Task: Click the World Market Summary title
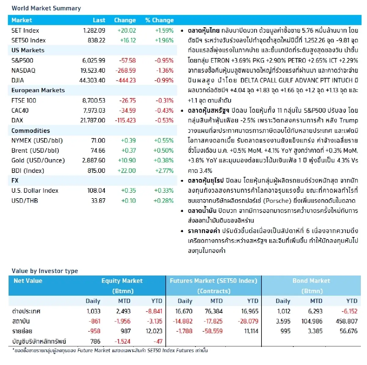click(46, 8)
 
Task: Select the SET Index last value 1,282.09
click(94, 31)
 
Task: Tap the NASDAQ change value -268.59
click(125, 71)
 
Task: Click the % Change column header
click(159, 20)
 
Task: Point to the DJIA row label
click(18, 80)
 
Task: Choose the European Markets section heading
click(38, 90)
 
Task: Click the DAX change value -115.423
click(125, 120)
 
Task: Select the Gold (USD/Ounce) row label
click(38, 161)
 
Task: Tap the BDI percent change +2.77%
click(164, 171)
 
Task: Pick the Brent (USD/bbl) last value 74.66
click(98, 151)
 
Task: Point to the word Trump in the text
click(349, 120)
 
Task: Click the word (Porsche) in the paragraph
click(277, 201)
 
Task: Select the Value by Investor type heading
click(45, 271)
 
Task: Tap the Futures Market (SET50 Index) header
click(213, 281)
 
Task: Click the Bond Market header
click(311, 281)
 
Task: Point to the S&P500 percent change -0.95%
click(164, 60)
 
